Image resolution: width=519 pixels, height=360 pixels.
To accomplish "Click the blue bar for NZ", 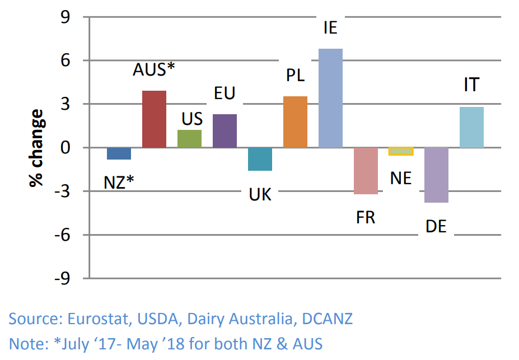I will pyautogui.click(x=119, y=153).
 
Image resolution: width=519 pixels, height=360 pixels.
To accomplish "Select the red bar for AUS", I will pyautogui.click(x=154, y=119).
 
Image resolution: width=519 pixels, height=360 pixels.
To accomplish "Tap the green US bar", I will pyautogui.click(x=189, y=139).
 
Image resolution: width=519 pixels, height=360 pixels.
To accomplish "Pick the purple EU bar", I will pyautogui.click(x=225, y=131).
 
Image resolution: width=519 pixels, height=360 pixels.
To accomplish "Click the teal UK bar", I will pyautogui.click(x=260, y=159).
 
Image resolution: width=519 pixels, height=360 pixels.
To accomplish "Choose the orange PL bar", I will pyautogui.click(x=295, y=122).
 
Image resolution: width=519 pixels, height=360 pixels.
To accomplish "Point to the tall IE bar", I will pyautogui.click(x=330, y=98).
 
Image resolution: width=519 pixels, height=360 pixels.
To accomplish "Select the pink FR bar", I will pyautogui.click(x=366, y=171).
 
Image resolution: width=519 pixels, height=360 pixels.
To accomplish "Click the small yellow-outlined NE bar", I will pyautogui.click(x=401, y=151).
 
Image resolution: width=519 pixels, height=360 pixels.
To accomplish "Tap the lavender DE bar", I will pyautogui.click(x=436, y=175).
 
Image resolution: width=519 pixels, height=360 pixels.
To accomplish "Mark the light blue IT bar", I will pyautogui.click(x=471, y=128).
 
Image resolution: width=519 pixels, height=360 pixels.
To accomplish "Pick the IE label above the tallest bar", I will pyautogui.click(x=330, y=27).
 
